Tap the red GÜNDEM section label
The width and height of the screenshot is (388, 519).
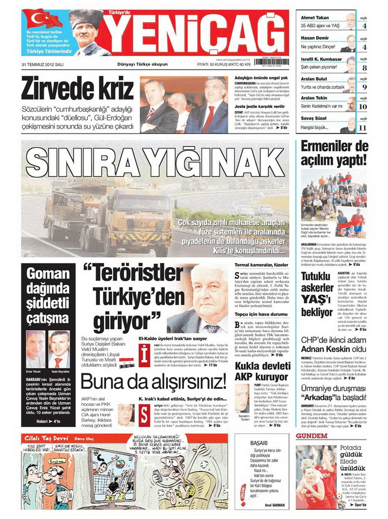pyautogui.click(x=312, y=436)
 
